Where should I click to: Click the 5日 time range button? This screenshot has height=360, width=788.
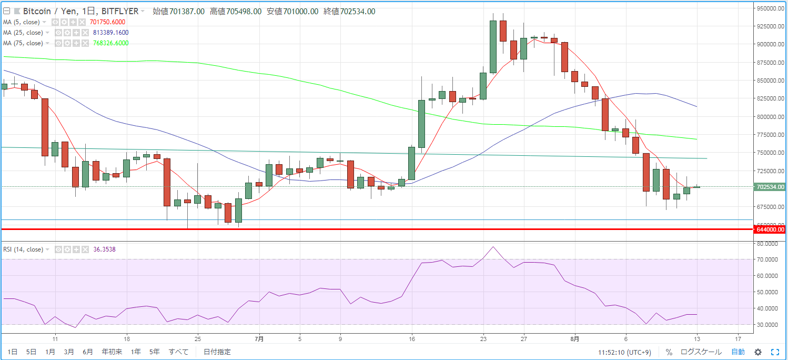tap(32, 352)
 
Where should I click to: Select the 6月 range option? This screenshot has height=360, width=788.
tap(88, 352)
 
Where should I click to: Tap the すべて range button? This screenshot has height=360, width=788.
tap(179, 352)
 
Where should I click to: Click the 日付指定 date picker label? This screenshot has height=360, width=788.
tap(217, 352)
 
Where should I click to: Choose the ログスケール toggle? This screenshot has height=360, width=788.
tap(701, 352)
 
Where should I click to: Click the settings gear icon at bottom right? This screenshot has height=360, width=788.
tap(758, 352)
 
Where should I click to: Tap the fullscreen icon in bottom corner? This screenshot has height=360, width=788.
tap(775, 352)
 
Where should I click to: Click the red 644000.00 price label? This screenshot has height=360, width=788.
tap(770, 229)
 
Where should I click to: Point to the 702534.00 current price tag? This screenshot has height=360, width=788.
tap(770, 187)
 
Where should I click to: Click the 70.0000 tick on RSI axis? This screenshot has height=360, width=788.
tap(767, 259)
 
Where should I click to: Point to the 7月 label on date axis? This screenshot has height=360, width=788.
tap(259, 339)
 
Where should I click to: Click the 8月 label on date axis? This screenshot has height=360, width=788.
tap(575, 339)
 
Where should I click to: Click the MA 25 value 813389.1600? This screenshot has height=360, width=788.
tap(110, 33)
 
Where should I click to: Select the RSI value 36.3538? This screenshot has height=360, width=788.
tap(104, 249)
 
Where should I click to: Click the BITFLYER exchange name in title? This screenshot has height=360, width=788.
tap(120, 11)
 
